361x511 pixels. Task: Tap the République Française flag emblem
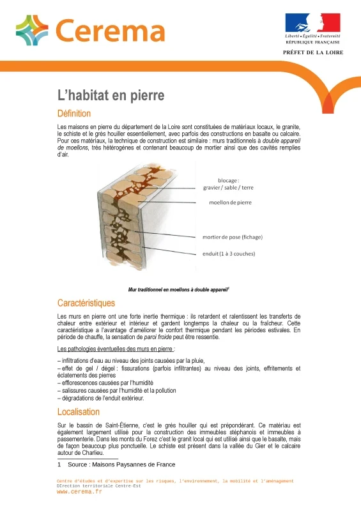point(312,23)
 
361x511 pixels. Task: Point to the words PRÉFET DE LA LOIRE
point(312,52)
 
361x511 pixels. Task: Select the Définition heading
point(74,114)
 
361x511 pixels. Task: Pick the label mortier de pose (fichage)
point(232,237)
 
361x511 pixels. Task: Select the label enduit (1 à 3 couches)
point(229,254)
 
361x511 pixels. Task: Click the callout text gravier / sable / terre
point(228,188)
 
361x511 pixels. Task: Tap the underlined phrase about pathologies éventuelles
point(116,349)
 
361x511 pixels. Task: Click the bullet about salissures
point(117,390)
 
